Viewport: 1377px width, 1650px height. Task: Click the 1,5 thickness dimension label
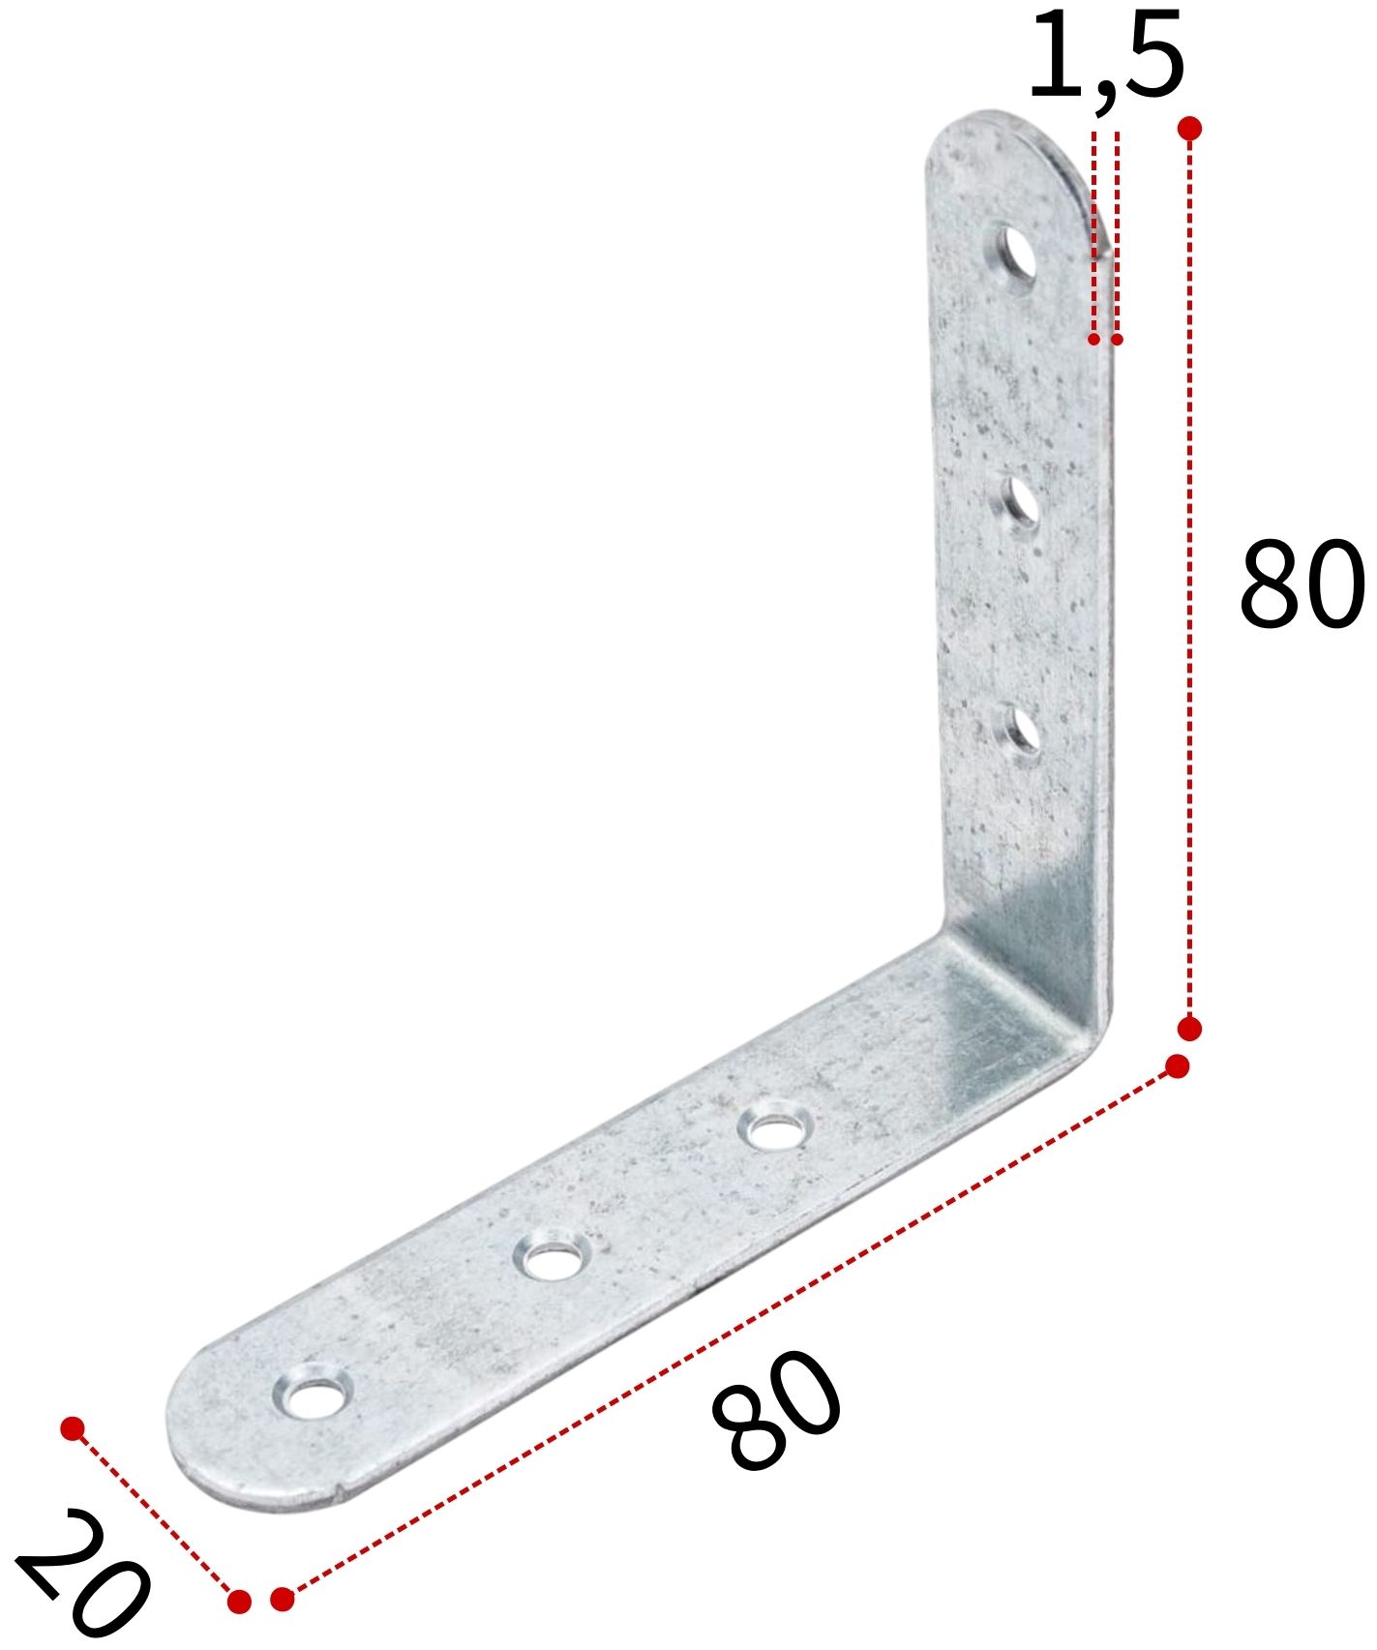tap(1105, 55)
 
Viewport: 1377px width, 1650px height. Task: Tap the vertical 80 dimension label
tap(1301, 585)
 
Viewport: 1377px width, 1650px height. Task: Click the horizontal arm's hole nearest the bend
tap(771, 1128)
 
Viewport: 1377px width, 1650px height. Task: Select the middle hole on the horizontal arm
tap(551, 1257)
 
